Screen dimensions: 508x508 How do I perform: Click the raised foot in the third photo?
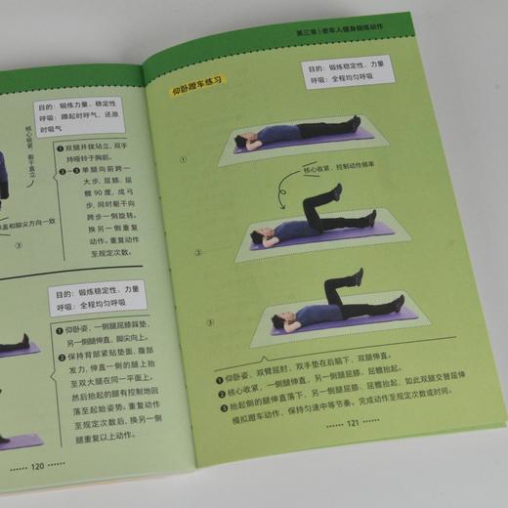(x=359, y=276)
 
